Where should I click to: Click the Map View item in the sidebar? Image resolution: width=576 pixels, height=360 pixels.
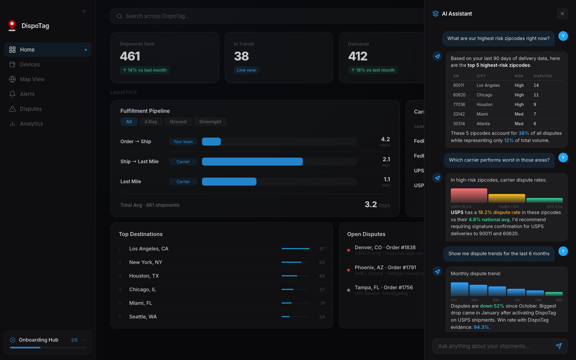click(x=32, y=79)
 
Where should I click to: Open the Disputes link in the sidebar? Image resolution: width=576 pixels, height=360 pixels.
click(x=31, y=109)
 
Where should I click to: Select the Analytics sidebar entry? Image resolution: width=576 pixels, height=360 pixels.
click(x=31, y=124)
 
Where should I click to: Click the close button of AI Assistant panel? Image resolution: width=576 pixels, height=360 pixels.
click(x=562, y=14)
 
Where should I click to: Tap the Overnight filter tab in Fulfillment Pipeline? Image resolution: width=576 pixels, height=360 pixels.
click(x=210, y=122)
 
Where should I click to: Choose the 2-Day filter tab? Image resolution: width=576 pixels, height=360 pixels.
click(x=151, y=122)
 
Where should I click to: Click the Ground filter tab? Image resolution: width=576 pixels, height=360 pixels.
click(x=178, y=122)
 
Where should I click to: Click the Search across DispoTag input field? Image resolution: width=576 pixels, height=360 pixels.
click(x=264, y=16)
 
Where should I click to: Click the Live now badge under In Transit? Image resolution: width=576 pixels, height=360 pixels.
click(x=246, y=70)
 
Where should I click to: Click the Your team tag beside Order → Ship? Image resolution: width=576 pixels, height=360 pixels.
click(x=183, y=142)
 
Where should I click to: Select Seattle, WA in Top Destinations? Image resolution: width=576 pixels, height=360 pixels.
click(x=143, y=317)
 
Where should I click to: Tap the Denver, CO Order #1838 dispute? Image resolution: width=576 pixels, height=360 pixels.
click(x=385, y=248)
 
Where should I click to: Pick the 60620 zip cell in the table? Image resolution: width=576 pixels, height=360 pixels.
click(x=459, y=95)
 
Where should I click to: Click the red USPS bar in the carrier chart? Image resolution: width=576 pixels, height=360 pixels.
click(x=469, y=196)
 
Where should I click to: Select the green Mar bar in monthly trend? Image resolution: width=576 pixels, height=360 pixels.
click(x=554, y=294)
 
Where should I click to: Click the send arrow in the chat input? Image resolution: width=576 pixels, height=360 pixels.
click(x=558, y=346)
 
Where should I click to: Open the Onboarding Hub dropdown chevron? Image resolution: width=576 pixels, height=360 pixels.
click(x=83, y=340)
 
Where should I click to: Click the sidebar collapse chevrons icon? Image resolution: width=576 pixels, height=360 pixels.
click(x=84, y=11)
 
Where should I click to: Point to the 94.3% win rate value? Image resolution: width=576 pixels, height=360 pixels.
click(x=481, y=327)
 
